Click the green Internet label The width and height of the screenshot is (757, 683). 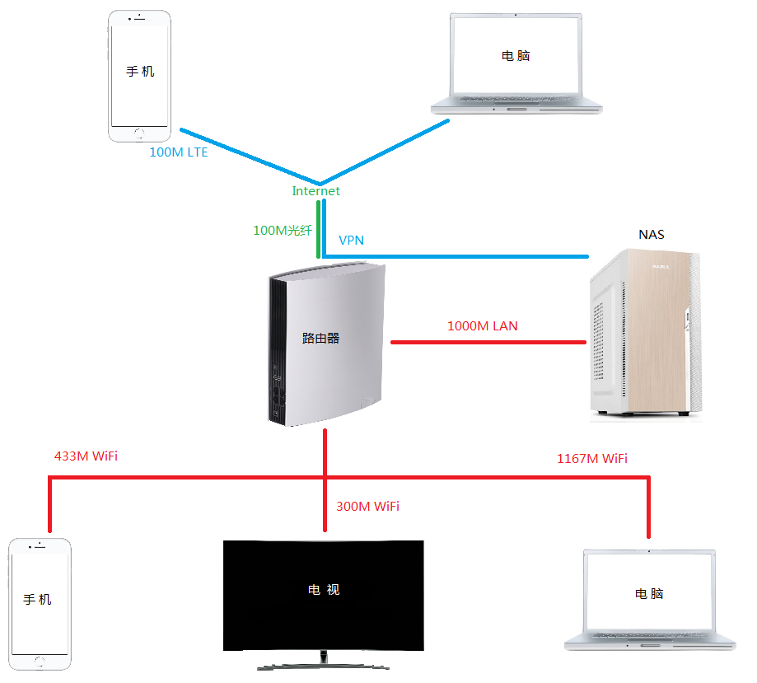(315, 191)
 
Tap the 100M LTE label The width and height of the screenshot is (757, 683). (179, 152)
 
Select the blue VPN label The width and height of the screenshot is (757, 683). (351, 240)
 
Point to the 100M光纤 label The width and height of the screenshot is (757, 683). (283, 231)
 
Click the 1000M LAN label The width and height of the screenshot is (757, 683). (483, 326)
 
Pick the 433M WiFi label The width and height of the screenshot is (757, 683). (86, 456)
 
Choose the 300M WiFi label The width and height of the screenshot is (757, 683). (368, 506)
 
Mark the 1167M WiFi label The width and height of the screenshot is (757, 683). (592, 458)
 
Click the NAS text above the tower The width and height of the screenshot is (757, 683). (652, 235)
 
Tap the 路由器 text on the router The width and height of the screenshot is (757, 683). (320, 338)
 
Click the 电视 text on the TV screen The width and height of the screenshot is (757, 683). (324, 589)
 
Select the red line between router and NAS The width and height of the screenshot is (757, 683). (488, 343)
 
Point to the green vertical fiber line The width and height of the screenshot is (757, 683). (318, 229)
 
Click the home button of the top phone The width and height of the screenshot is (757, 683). (139, 133)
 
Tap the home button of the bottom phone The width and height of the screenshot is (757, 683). (40, 662)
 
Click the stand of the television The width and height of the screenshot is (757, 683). (323, 662)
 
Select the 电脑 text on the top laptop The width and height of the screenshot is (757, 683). (516, 56)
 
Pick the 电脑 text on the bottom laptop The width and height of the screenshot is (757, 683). (649, 594)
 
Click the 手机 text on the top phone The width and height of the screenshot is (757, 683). (140, 72)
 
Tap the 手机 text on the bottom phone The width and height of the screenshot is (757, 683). (37, 600)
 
